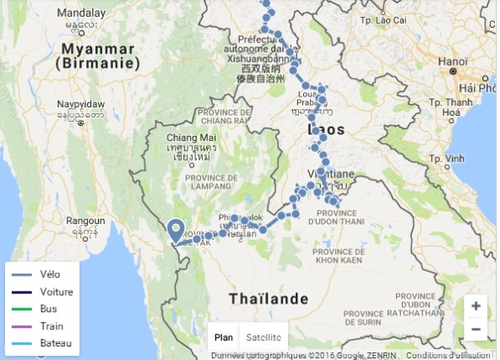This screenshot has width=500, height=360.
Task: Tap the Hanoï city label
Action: point(446,61)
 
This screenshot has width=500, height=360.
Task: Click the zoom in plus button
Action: point(476,306)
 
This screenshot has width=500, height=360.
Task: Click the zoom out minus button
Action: point(476,329)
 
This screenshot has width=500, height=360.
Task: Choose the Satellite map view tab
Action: point(264,337)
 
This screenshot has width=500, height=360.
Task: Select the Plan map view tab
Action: point(223,337)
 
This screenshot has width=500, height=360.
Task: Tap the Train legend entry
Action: point(52,325)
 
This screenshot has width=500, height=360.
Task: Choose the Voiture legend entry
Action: point(55,292)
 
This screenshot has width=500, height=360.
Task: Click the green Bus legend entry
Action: point(48,308)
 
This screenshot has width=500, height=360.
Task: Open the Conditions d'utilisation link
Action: point(447,355)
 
